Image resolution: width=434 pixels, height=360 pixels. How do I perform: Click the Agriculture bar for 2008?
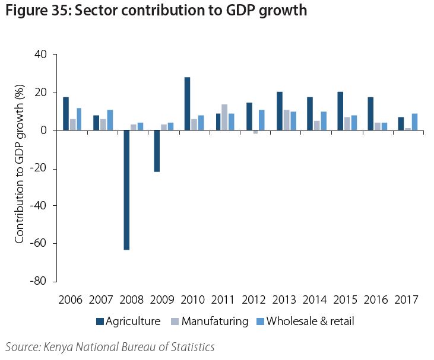tap(126, 190)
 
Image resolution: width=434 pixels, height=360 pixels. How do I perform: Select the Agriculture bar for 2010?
tap(187, 104)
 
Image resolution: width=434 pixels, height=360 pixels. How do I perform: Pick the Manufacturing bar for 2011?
tap(224, 117)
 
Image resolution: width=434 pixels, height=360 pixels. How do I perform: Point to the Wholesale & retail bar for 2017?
tap(414, 122)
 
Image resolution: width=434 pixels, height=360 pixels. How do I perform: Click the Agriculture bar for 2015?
tap(340, 111)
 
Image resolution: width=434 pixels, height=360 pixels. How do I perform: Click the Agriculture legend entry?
tap(129, 321)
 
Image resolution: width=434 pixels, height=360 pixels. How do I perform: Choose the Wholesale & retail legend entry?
tap(305, 321)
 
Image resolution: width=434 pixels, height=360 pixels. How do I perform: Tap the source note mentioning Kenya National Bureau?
tap(110, 347)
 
